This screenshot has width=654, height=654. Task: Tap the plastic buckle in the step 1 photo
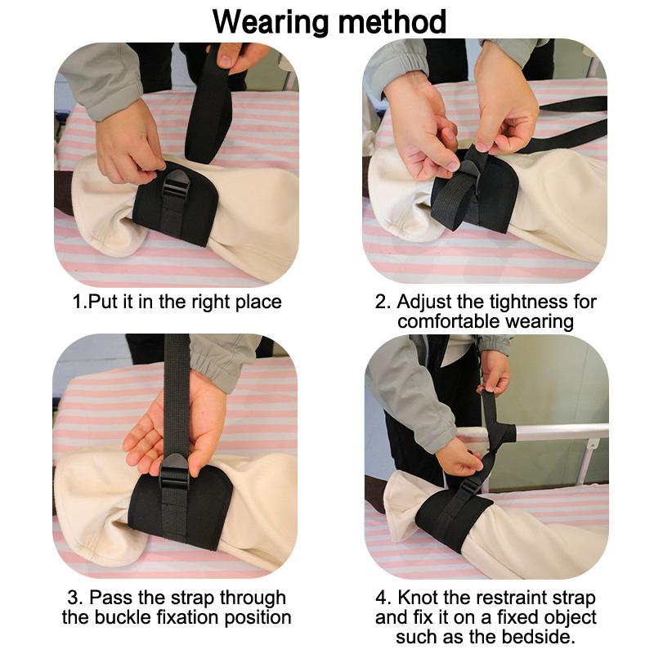pyautogui.click(x=175, y=183)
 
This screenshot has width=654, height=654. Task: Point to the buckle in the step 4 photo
pyautogui.click(x=469, y=487)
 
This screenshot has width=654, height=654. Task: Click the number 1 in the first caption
pyautogui.click(x=78, y=302)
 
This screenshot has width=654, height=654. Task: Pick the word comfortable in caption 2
pyautogui.click(x=449, y=321)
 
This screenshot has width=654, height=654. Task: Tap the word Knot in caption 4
pyautogui.click(x=418, y=598)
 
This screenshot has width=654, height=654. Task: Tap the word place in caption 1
pyautogui.click(x=258, y=302)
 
